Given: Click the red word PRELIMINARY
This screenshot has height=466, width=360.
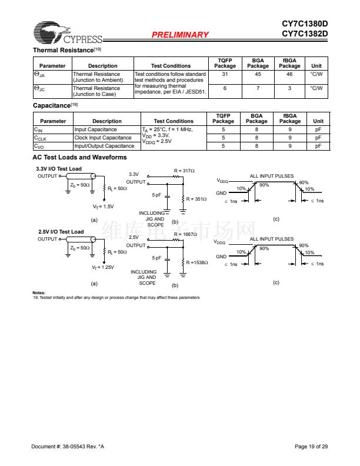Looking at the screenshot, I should pos(180,35).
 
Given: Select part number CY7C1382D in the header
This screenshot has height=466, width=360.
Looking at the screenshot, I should pos(304,33).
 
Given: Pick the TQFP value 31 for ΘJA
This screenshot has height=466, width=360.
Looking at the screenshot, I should pos(225,74).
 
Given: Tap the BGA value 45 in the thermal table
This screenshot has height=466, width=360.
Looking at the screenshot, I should pos(258,74).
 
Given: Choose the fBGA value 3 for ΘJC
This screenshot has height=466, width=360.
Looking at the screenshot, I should pos(289,88).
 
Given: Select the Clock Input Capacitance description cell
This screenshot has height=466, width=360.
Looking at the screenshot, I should pos(103,138).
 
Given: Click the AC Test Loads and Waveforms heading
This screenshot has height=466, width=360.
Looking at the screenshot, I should pos(79,157).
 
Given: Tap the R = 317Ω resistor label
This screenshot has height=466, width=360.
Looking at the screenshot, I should pos(184,170).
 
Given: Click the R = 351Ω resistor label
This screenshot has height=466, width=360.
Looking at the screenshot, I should pos(196,199).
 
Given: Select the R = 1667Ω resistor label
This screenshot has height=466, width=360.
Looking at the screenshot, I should pos(186,234).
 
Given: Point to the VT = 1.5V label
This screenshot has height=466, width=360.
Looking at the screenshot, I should pos(103,207).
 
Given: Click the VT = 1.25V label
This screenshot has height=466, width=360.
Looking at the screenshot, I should pos(103,267).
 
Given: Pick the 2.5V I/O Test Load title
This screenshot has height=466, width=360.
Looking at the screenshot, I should pos(61,232).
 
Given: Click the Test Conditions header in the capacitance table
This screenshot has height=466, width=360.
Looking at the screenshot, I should pos(174,121).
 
